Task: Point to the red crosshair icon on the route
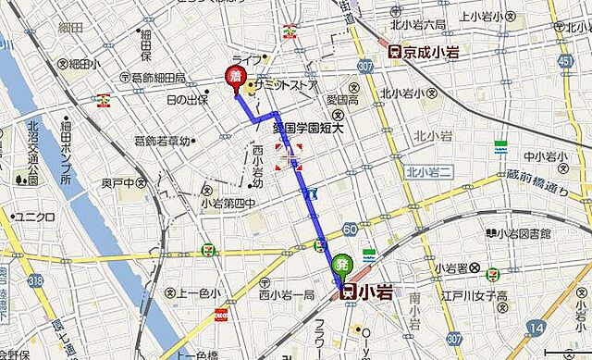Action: [x=289, y=156]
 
